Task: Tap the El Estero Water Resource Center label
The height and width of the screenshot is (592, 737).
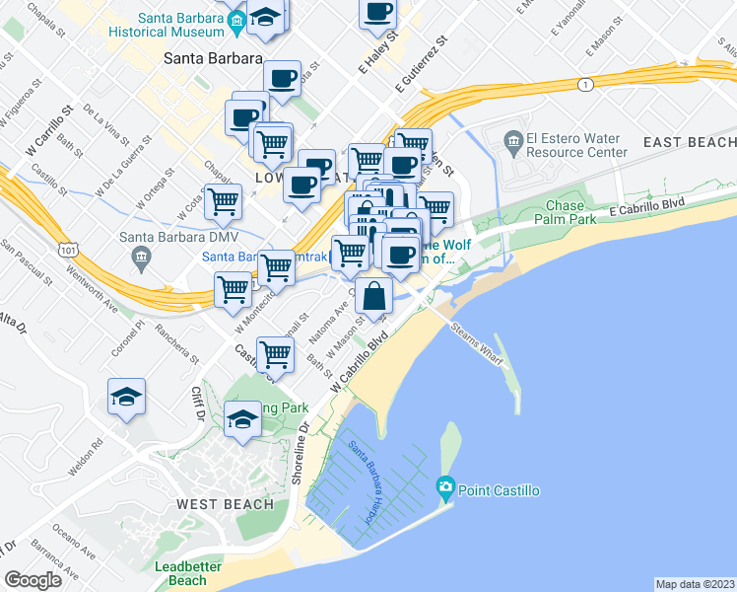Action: (x=576, y=145)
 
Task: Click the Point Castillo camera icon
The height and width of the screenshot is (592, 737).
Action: (x=445, y=487)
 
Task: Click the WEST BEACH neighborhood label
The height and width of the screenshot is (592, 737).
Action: (x=226, y=504)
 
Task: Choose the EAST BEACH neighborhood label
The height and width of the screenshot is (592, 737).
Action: (x=690, y=143)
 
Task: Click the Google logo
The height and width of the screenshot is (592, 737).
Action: (x=33, y=579)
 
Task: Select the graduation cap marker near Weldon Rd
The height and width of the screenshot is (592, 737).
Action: (x=126, y=397)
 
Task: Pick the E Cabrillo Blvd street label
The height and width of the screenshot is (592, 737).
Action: (x=645, y=206)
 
